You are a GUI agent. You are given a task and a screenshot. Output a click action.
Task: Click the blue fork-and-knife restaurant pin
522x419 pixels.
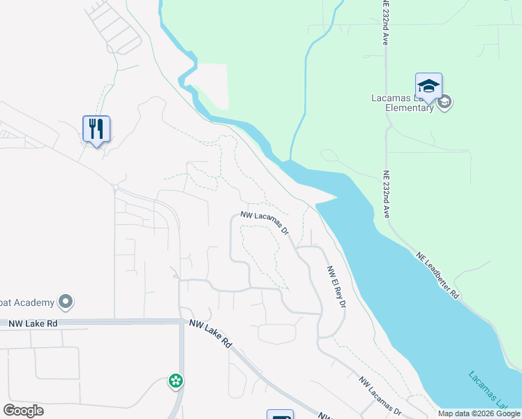[x=96, y=128]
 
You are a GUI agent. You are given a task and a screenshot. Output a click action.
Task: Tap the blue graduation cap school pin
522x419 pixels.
[x=428, y=87]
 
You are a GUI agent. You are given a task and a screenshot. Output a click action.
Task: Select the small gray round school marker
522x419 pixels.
[x=445, y=103]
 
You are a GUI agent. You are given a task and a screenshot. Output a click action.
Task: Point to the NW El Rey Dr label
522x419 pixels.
[x=336, y=287]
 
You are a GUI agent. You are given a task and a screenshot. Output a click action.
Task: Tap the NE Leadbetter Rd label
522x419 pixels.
[x=438, y=275]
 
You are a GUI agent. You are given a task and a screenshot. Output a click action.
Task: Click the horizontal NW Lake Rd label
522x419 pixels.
[x=33, y=323]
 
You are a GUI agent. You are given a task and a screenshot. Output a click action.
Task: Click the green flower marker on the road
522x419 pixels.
[x=176, y=381]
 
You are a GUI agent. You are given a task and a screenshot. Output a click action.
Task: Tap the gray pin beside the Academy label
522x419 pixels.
[x=66, y=302]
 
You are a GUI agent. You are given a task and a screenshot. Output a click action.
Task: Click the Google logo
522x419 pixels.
[x=23, y=411]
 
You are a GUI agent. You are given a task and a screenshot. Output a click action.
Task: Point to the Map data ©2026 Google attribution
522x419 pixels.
[x=479, y=413]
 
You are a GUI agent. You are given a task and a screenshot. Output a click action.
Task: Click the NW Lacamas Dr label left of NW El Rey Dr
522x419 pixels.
[x=265, y=223]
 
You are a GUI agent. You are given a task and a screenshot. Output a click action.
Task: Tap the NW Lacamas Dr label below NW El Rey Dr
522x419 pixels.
[x=380, y=393]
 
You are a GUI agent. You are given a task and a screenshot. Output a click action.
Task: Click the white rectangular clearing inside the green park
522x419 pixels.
[x=212, y=85]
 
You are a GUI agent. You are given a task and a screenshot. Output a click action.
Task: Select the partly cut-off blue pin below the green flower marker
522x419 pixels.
[x=279, y=414]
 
